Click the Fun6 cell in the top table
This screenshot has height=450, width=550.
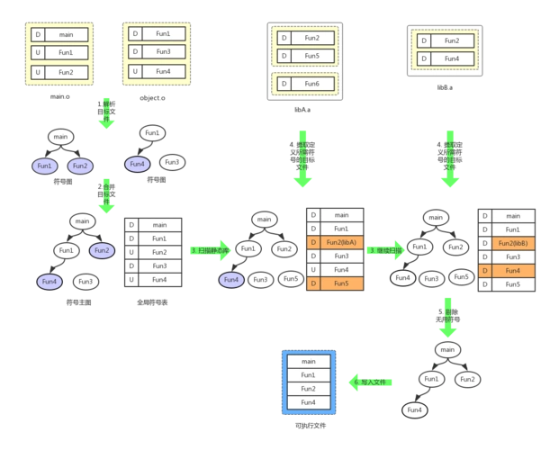click(x=312, y=84)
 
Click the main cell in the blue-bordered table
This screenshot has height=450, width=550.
click(x=308, y=361)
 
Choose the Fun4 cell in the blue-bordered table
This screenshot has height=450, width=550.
click(x=308, y=402)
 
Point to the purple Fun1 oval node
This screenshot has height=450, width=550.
click(x=46, y=166)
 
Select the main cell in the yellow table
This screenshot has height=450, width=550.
click(x=66, y=34)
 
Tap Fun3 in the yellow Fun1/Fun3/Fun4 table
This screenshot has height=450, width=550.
click(x=163, y=52)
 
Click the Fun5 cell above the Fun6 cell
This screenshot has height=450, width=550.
click(x=312, y=56)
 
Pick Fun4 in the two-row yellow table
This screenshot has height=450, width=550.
click(x=452, y=59)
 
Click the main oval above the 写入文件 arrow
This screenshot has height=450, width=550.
click(x=446, y=349)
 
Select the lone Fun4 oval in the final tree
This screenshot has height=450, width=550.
click(x=414, y=410)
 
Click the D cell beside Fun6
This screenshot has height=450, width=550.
click(x=283, y=84)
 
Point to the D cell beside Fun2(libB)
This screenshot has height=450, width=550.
click(x=485, y=242)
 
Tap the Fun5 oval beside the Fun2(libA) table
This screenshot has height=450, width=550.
click(x=290, y=279)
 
